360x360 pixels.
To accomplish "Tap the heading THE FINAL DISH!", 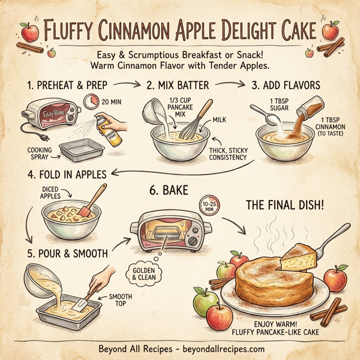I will coord(284,206).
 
